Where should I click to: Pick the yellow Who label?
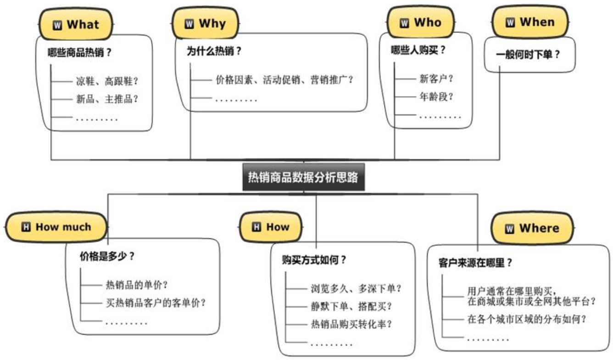(421, 22)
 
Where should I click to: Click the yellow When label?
(529, 22)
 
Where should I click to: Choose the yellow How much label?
(56, 227)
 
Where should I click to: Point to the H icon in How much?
(26, 227)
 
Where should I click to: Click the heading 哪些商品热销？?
(80, 52)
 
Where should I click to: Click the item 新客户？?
(436, 79)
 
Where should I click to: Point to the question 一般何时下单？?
(528, 54)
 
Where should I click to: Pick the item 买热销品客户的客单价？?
(155, 303)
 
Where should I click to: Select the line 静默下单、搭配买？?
(351, 306)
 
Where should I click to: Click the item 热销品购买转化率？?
(351, 324)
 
